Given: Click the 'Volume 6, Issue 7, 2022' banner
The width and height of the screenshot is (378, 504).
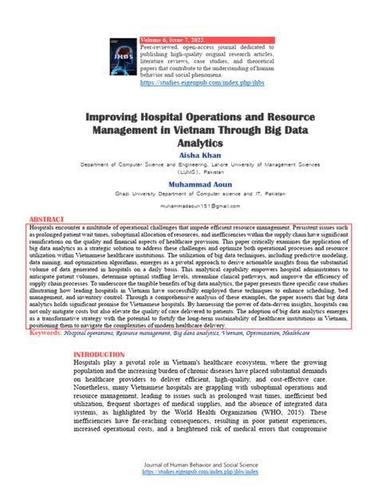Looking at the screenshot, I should [172, 39].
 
